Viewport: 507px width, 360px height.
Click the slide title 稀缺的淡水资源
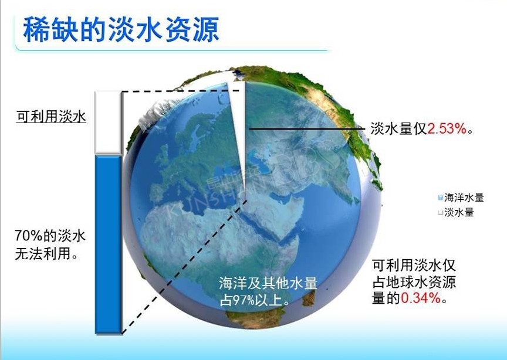pos(121,30)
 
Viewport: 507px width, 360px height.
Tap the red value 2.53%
pos(447,129)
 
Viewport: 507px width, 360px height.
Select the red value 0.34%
pos(421,298)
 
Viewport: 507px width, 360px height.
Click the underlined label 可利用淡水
pos(52,116)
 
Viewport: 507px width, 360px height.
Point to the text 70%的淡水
pos(50,236)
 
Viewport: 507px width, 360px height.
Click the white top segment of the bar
pos(108,123)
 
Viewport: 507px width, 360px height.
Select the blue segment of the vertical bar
pos(108,244)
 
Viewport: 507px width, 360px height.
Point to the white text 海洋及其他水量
pos(268,284)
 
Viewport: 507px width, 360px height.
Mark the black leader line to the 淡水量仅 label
pos(306,129)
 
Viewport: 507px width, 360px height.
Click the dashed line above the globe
pos(181,91)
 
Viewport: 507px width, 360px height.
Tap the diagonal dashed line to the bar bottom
pos(185,267)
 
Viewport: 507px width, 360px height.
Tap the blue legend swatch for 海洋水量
pos(440,198)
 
